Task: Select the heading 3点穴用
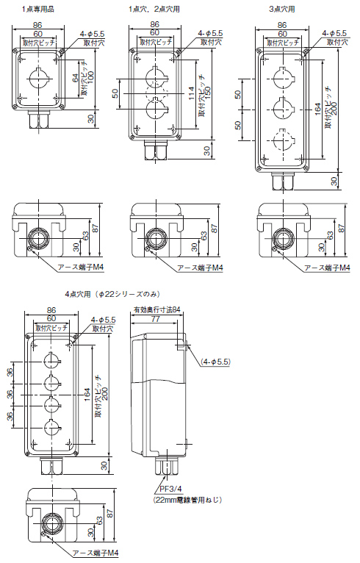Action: click(282, 9)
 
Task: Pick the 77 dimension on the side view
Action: click(156, 320)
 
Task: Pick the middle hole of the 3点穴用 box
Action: click(282, 107)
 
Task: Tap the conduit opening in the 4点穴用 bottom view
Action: click(51, 523)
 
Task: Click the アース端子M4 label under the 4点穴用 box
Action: click(96, 553)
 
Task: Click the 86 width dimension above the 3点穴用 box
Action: click(282, 25)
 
